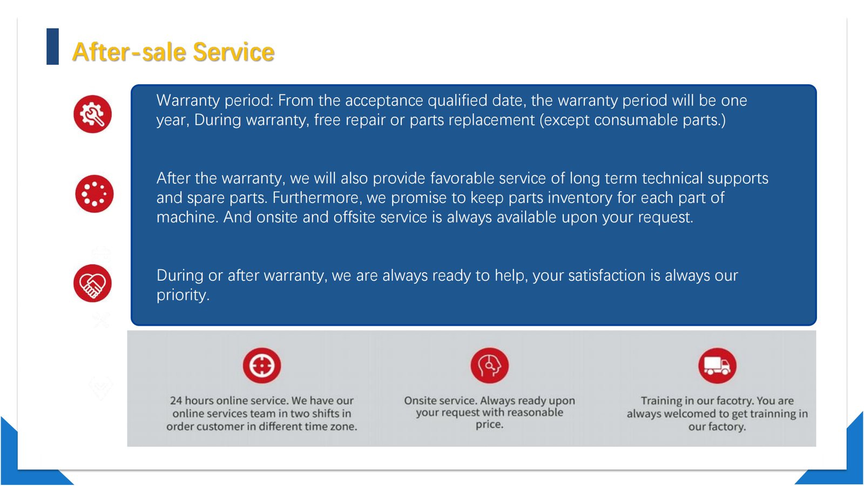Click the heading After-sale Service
pos(173,52)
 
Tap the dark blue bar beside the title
pos(52,46)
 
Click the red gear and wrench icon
pos(92,114)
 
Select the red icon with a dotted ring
pos(94,194)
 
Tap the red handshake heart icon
pos(92,283)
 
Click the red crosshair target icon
pos(262,365)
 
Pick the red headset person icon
pos(489,365)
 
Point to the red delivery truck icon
pos(718,366)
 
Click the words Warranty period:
pos(215,101)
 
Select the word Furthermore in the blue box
pos(317,198)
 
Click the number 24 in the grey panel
pos(176,400)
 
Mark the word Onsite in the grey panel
pos(420,400)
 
